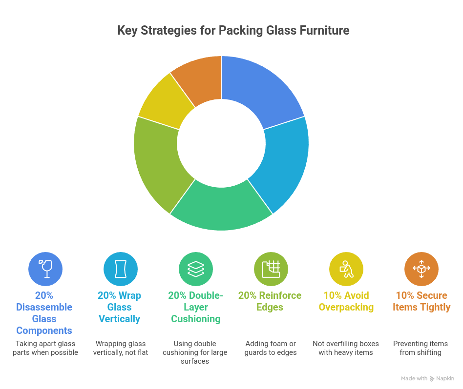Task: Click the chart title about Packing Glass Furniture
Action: point(233,31)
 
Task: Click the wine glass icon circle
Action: point(45,269)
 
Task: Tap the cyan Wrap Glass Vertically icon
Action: point(120,269)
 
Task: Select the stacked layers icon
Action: point(195,269)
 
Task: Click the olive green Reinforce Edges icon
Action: point(271,269)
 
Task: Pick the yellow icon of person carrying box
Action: point(346,269)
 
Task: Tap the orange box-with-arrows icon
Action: point(421,269)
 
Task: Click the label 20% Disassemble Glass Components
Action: point(44,313)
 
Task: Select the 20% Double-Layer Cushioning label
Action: point(195,307)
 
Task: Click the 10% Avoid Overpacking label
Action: point(346,301)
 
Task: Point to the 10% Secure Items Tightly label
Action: point(421,301)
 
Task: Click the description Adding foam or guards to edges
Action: point(271,348)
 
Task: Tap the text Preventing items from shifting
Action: point(421,348)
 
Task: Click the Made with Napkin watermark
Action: point(427,378)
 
